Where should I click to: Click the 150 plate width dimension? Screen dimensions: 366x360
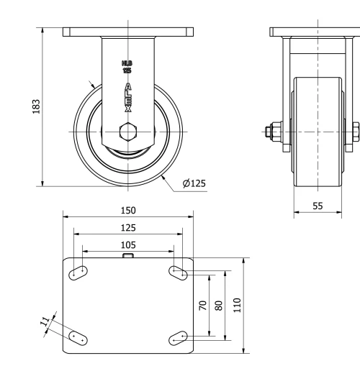[128, 211]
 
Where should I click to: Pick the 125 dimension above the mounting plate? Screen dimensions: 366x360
[128, 227]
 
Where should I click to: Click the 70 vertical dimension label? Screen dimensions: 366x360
[202, 304]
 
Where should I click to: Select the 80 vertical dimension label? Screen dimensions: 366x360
[219, 304]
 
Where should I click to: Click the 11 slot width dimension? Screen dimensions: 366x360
[45, 319]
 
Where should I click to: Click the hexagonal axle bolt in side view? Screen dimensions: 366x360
[128, 133]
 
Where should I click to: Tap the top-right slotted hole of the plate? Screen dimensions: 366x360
[178, 273]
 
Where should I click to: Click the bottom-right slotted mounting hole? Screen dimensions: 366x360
[178, 337]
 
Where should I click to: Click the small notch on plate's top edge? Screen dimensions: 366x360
[128, 255]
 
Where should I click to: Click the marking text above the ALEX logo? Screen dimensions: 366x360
[127, 69]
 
